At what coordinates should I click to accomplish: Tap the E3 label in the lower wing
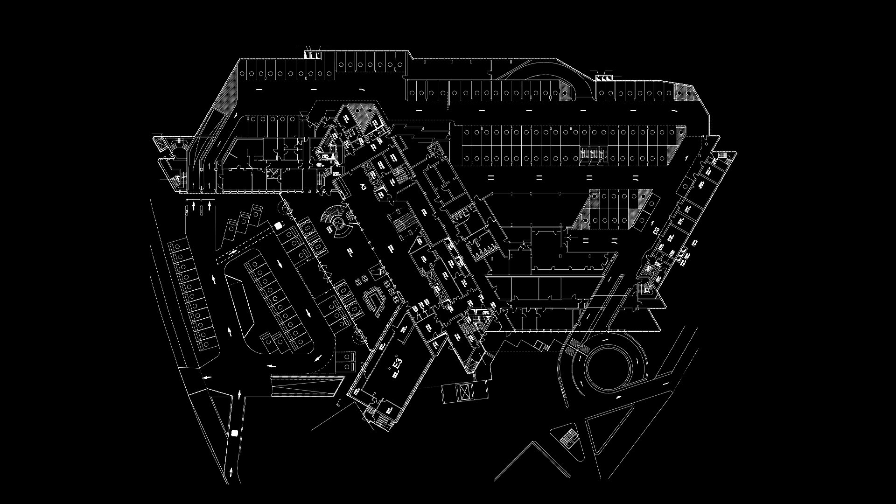397,364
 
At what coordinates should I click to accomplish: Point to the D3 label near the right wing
656,230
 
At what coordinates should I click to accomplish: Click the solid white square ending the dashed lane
279,226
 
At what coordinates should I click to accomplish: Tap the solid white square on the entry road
234,433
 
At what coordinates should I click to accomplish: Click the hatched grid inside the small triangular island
569,437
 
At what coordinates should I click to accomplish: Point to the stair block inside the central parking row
593,153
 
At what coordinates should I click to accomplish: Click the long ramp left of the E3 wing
306,385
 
